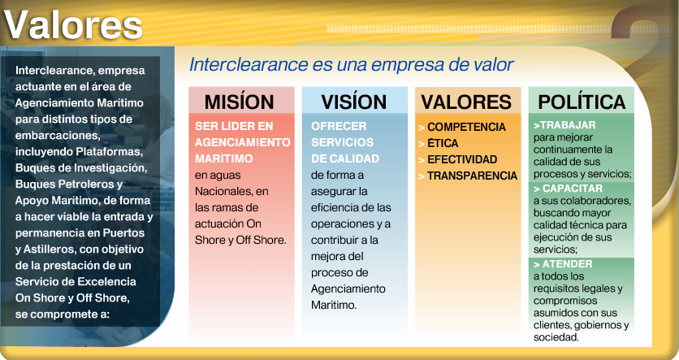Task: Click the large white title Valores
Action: click(x=73, y=25)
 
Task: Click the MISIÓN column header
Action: click(x=239, y=102)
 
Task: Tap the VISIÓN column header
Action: click(x=354, y=102)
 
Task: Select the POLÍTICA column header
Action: click(x=582, y=102)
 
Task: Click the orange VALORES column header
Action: click(x=466, y=102)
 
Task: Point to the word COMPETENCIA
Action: click(x=466, y=127)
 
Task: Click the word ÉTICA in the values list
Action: click(x=443, y=143)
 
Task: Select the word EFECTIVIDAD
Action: click(x=462, y=159)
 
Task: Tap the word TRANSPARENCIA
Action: click(x=472, y=176)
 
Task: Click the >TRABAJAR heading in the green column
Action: click(x=564, y=125)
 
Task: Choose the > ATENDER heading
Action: click(x=563, y=264)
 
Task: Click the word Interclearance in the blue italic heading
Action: click(x=249, y=64)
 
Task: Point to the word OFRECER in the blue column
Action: click(x=339, y=126)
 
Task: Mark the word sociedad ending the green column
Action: click(x=556, y=337)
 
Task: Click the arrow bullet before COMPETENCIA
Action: click(x=422, y=128)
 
